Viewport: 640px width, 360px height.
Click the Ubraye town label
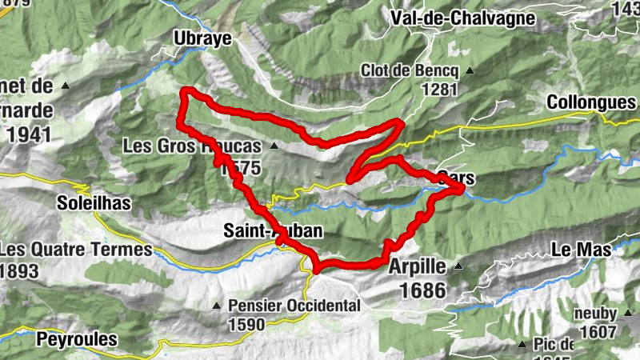[202, 38]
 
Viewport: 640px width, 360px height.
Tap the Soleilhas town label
[93, 204]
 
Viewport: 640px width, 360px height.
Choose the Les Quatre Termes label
[75, 250]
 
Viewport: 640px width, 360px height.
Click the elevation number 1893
[19, 271]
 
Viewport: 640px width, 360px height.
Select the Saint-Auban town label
[272, 231]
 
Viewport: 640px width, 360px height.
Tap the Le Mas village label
[582, 250]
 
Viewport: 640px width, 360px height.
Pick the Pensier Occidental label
[294, 306]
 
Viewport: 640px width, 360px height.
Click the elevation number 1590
[246, 325]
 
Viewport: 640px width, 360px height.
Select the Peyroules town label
[77, 339]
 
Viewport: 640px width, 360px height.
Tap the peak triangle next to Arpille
[458, 266]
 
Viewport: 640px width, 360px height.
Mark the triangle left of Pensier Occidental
[215, 306]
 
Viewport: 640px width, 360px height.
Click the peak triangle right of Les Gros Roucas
[274, 146]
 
